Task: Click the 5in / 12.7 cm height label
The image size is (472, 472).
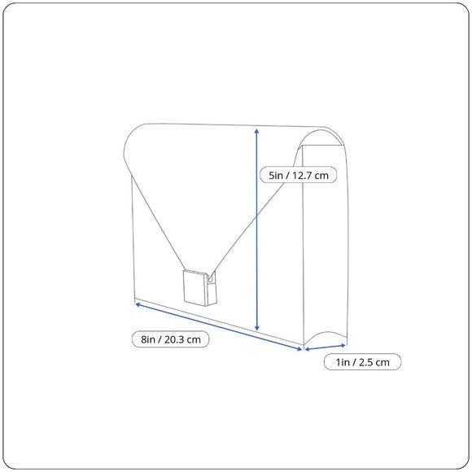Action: (298, 175)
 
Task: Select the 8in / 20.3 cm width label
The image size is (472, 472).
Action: (170, 339)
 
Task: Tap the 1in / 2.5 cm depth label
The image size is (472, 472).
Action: (362, 362)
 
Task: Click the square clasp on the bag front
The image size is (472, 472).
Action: (195, 287)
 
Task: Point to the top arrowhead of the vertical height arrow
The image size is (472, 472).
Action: (256, 131)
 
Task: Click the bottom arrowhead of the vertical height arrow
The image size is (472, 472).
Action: (257, 328)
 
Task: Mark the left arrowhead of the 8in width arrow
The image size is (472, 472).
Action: (138, 305)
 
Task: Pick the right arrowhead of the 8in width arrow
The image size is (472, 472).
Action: (299, 349)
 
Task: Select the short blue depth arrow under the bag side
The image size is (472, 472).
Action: (325, 347)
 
